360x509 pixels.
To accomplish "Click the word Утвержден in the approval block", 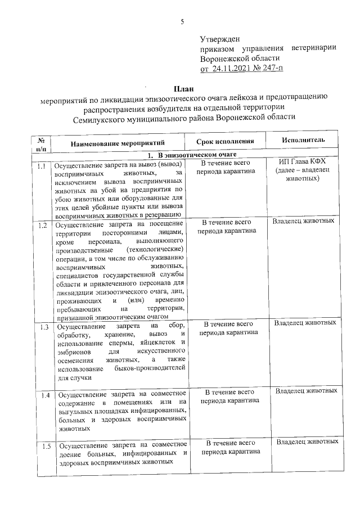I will (x=220, y=39).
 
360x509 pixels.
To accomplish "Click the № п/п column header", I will (x=42, y=144).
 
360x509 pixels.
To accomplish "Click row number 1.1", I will (x=42, y=166).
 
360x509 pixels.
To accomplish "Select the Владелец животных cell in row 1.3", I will (x=305, y=322).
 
